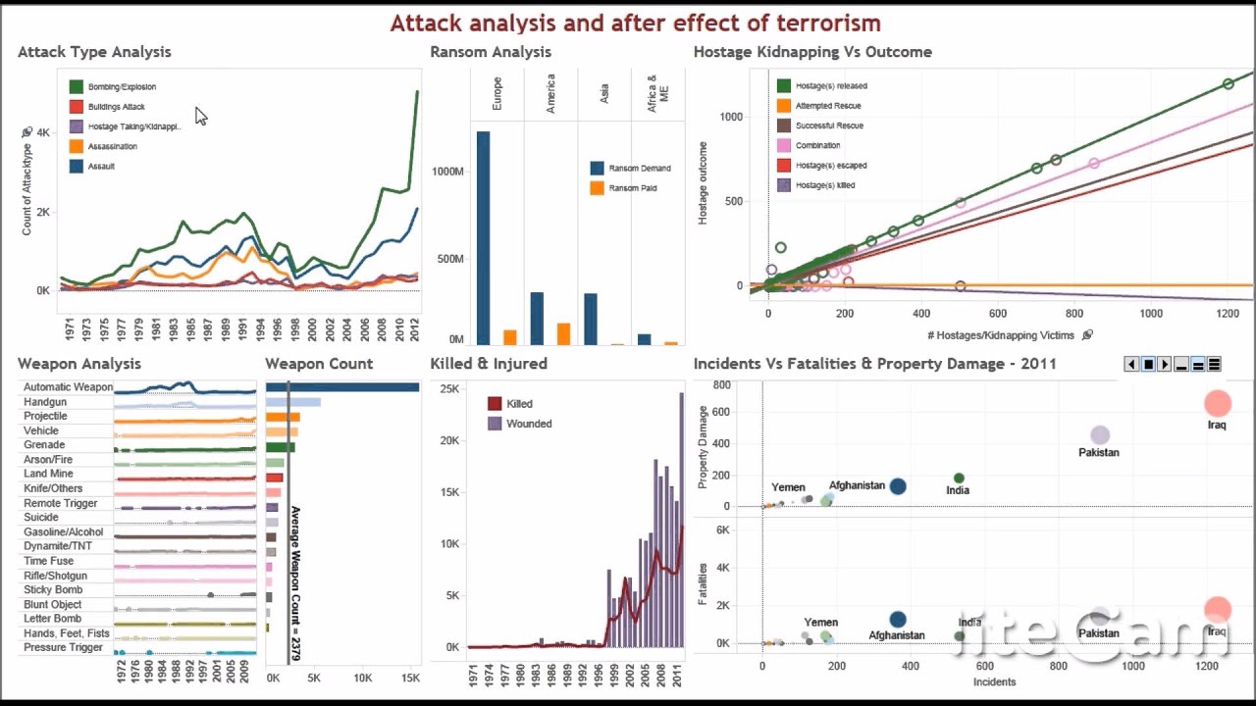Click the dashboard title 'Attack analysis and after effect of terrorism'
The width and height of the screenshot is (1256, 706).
tap(635, 24)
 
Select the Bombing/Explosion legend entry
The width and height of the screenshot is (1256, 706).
tap(122, 87)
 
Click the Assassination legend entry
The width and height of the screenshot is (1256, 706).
tap(112, 146)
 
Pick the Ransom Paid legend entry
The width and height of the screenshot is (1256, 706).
tap(632, 188)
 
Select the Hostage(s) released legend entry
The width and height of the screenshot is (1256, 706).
tap(830, 86)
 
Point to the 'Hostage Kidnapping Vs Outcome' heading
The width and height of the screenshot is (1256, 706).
tap(812, 52)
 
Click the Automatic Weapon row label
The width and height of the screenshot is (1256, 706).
tap(68, 387)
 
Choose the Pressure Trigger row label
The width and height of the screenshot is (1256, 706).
tap(63, 647)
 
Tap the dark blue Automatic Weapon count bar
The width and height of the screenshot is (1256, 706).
tap(342, 387)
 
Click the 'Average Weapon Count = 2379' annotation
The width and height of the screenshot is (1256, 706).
tap(294, 582)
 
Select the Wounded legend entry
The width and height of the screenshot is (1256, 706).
tap(528, 424)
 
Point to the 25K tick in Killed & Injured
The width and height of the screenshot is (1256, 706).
tap(449, 389)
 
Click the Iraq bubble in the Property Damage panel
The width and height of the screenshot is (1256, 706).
tap(1217, 403)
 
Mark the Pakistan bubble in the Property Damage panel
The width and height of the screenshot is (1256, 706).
tap(1099, 435)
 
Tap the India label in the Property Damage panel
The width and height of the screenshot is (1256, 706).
tap(958, 490)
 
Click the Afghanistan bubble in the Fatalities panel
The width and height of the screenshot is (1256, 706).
tap(897, 620)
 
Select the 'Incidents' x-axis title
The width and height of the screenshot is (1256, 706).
tap(994, 681)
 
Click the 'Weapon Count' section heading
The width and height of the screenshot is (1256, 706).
tap(319, 364)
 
